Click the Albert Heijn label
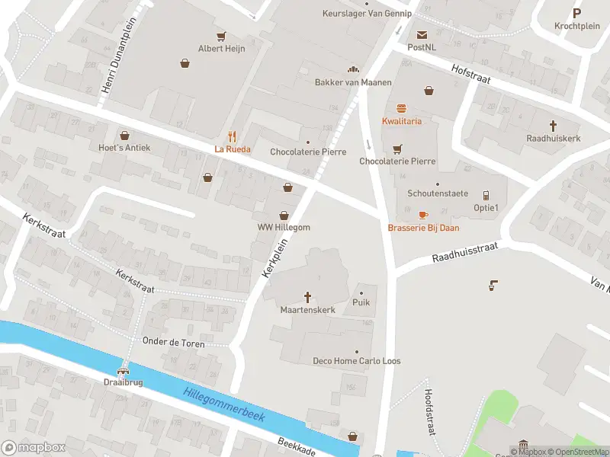coord(221,48)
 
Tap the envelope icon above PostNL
coord(421,35)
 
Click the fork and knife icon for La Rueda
coord(233,137)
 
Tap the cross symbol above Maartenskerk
coord(308,297)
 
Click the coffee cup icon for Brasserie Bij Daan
coord(423,215)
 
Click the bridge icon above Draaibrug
coord(123,367)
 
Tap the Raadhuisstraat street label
coord(464,253)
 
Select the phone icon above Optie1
coord(486,195)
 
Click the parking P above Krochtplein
coord(576,12)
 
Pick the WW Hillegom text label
coord(284,228)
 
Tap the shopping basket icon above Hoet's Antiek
coord(124,135)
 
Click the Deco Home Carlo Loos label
coord(356,360)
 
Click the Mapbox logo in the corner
coord(33,447)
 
